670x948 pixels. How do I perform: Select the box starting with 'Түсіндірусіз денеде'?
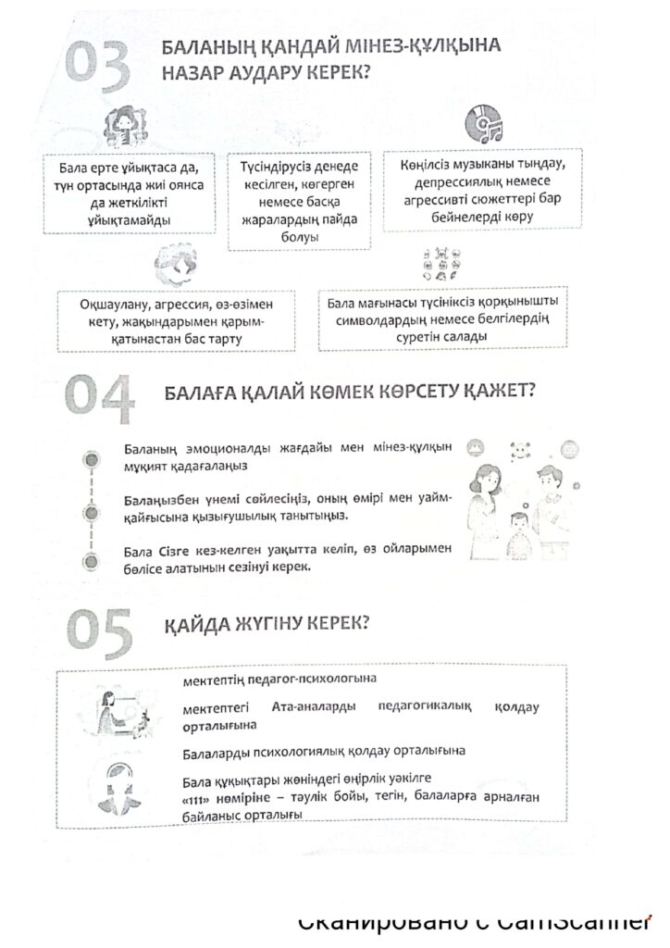(298, 198)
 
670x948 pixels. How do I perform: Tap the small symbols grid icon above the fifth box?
(440, 265)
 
